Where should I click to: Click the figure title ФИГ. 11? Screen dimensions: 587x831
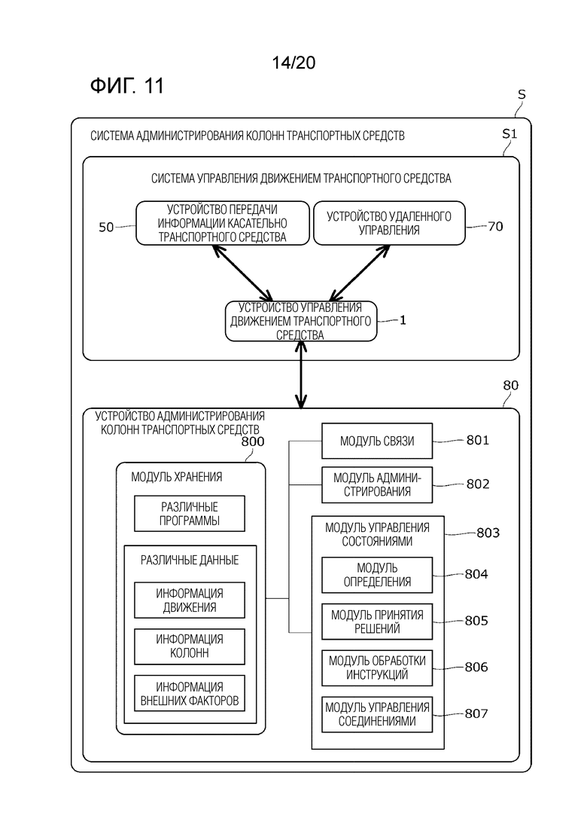[x=127, y=85]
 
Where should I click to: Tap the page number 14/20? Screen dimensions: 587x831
[x=293, y=63]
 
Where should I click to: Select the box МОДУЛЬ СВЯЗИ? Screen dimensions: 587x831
[x=377, y=441]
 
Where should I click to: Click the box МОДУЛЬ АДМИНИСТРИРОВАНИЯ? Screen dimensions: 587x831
[x=377, y=485]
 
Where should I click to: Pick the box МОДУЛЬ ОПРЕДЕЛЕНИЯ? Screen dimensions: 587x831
[x=377, y=575]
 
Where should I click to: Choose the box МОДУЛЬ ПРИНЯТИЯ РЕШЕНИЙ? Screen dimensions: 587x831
[x=377, y=622]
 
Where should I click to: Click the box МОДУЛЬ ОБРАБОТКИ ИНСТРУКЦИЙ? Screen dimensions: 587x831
[x=377, y=668]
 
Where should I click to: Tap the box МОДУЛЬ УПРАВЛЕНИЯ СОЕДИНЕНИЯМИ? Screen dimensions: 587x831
[x=377, y=714]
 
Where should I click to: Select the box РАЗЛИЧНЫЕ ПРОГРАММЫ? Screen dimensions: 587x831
[x=190, y=514]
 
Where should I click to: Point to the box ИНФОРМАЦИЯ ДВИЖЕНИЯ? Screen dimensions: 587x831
[x=190, y=600]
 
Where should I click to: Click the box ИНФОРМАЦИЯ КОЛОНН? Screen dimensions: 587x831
[x=190, y=646]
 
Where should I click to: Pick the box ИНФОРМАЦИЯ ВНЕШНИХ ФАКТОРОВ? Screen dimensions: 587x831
[x=190, y=693]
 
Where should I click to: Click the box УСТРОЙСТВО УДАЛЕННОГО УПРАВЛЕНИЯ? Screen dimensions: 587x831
[x=389, y=223]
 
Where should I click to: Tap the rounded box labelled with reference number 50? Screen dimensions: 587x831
[x=223, y=223]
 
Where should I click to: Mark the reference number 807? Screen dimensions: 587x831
[x=476, y=713]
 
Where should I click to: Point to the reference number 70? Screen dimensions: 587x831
[x=495, y=226]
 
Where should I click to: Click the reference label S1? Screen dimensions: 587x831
[x=509, y=134]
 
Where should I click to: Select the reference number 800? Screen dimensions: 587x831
[x=252, y=441]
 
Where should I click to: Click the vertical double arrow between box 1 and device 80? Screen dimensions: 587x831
[x=301, y=374]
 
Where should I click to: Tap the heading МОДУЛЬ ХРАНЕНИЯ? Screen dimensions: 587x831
[x=177, y=477]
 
